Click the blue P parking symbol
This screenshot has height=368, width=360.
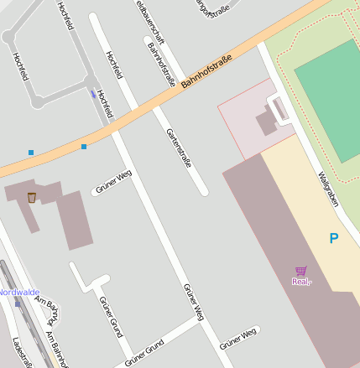(334, 239)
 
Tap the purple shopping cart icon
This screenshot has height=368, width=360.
(300, 270)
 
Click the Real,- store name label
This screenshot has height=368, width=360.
(301, 282)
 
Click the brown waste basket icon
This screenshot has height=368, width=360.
(32, 197)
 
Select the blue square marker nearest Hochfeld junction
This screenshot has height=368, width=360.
(84, 147)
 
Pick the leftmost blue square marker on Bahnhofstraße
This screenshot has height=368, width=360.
(31, 153)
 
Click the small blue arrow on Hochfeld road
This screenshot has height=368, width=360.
(92, 93)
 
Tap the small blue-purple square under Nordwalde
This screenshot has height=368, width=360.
(17, 304)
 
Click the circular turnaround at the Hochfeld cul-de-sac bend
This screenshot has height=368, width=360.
(36, 101)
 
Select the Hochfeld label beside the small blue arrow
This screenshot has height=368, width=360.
(105, 102)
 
